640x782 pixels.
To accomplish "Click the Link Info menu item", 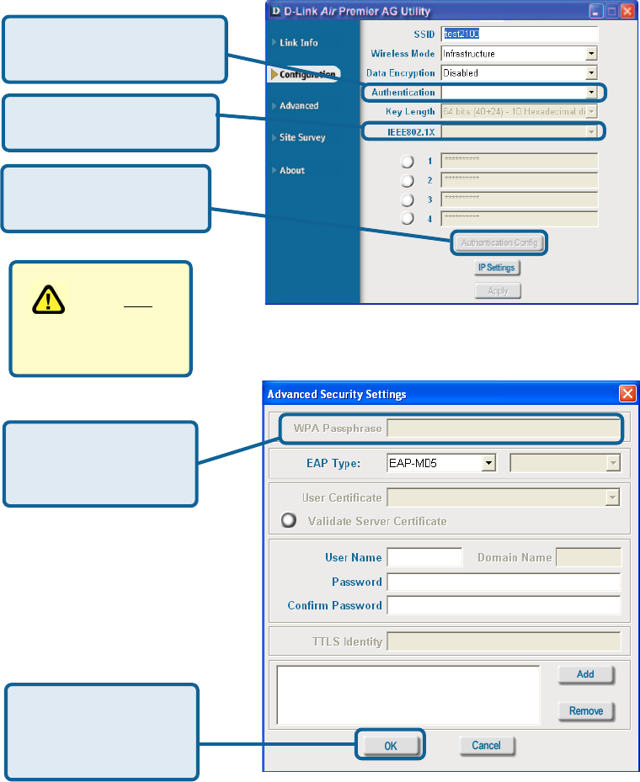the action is [x=298, y=42].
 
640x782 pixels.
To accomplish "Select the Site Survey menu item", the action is [x=301, y=137].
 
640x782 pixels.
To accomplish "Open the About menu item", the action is [x=291, y=170].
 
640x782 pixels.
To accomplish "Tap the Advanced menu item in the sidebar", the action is [x=299, y=105].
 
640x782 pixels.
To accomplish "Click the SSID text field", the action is [x=520, y=34].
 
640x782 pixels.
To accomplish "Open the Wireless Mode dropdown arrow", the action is [x=591, y=54].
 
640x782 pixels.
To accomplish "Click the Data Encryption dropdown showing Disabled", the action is [x=519, y=73].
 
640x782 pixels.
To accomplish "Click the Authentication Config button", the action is [x=499, y=242].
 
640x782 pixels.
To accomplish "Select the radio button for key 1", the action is [x=408, y=161].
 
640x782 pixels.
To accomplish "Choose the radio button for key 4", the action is [x=408, y=218].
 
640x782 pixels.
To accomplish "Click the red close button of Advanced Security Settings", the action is [x=627, y=393].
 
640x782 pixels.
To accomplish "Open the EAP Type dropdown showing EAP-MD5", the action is [x=440, y=463].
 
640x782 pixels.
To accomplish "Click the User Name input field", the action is [x=424, y=557].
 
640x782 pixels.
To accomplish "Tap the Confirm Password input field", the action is [x=503, y=605].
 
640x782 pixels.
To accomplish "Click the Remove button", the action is [x=585, y=711].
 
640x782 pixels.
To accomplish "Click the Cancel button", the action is [x=486, y=745].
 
